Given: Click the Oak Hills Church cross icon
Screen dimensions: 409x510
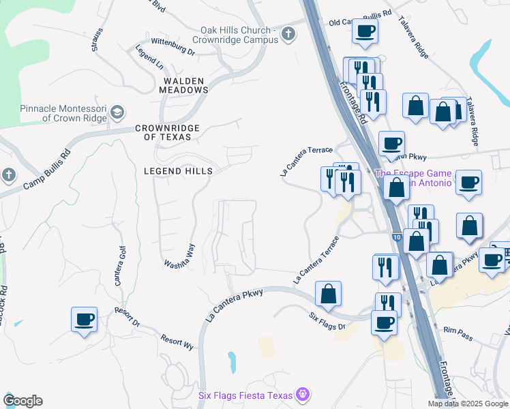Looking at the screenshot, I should [288, 33].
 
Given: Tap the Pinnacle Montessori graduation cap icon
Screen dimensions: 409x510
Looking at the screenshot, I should [117, 111].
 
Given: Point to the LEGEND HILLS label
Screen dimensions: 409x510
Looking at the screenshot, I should [178, 171].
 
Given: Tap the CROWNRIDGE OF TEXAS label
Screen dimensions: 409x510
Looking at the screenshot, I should [168, 132].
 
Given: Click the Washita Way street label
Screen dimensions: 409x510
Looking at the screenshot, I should [180, 256].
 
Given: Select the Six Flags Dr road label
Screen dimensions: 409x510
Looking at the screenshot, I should [327, 321].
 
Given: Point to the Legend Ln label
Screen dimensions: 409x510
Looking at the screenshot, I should [149, 59].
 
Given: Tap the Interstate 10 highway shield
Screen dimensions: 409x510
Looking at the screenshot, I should [396, 237].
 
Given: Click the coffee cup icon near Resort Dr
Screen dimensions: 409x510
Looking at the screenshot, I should [85, 320].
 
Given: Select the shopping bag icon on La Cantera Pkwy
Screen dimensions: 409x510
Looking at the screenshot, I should [328, 294].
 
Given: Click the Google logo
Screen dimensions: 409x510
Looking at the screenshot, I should [22, 401].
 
